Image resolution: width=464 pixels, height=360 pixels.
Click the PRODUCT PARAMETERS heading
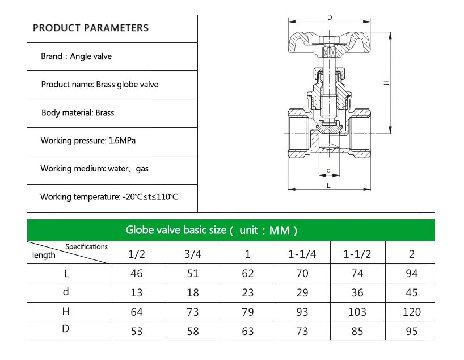[x=91, y=28]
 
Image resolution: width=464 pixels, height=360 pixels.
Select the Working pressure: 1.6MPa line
[x=88, y=140]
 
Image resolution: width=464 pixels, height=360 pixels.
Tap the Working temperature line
[x=109, y=196]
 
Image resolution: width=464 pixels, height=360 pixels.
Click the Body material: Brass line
[x=78, y=112]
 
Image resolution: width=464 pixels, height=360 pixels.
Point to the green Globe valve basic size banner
[x=230, y=230]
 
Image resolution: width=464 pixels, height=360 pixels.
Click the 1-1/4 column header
[x=302, y=254]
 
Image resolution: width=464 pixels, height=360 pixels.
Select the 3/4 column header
[x=193, y=254]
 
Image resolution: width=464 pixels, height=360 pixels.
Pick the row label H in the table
[x=66, y=311]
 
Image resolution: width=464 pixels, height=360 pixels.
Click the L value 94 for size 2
[x=412, y=273]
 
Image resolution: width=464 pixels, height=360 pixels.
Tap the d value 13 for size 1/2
[x=137, y=292]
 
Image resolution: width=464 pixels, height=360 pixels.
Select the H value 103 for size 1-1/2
[x=357, y=312]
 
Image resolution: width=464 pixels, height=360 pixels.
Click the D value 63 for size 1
[x=248, y=330]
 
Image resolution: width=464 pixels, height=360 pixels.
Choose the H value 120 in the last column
[x=412, y=312]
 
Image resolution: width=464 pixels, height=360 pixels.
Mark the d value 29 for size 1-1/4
[x=302, y=292]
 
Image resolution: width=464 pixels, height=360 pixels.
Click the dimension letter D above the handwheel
[x=329, y=18]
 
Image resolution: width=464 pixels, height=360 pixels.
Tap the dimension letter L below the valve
[x=329, y=185]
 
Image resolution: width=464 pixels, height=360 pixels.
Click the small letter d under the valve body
[x=329, y=170]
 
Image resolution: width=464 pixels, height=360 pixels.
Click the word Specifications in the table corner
[x=86, y=247]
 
